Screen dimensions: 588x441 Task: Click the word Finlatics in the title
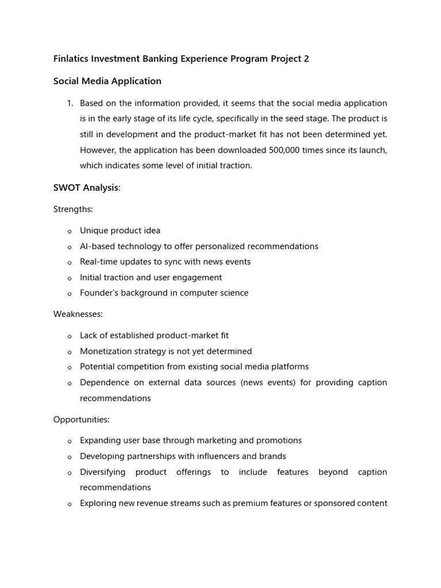coord(72,59)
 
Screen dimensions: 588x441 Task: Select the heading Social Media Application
coord(107,81)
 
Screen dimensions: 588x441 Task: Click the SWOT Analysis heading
coord(87,188)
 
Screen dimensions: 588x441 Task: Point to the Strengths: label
coord(73,209)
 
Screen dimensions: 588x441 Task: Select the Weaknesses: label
coord(78,314)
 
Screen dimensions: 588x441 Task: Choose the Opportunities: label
coord(81,419)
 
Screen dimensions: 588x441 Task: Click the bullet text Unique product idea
coord(120,230)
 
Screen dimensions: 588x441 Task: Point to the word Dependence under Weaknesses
coord(104,382)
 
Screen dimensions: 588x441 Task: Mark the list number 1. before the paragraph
coord(69,103)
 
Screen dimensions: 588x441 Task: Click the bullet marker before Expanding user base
coord(69,441)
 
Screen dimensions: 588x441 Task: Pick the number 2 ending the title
coord(306,59)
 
